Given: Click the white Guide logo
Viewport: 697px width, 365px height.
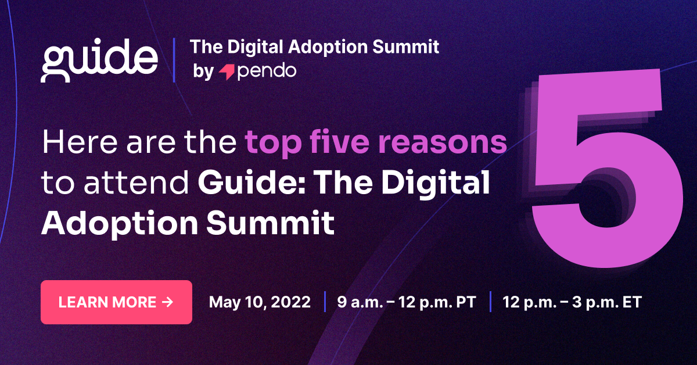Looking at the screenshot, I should [99, 59].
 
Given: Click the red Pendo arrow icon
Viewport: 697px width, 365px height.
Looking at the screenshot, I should [226, 72].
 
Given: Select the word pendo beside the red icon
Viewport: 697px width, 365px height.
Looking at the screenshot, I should [267, 71].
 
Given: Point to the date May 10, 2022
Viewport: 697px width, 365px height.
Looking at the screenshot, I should [260, 302].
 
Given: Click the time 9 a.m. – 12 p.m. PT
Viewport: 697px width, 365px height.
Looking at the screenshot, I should [407, 302].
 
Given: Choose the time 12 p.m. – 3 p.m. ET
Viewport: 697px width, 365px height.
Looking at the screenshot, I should [572, 302].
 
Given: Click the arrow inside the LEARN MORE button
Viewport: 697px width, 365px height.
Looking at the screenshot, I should [168, 302].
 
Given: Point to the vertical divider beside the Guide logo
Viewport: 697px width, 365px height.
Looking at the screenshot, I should [174, 59].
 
